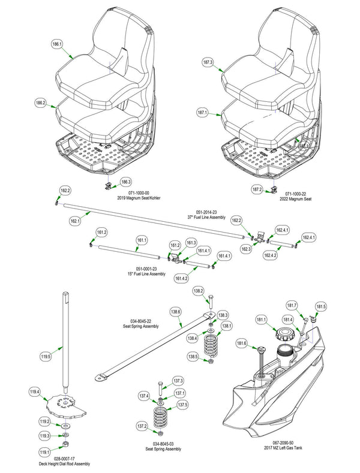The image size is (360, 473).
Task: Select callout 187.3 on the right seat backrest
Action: [208, 62]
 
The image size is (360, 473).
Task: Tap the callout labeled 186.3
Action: [125, 181]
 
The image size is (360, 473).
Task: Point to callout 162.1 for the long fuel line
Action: [75, 221]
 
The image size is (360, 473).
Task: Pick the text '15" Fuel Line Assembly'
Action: [146, 274]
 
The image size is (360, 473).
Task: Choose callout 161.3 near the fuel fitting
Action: [191, 242]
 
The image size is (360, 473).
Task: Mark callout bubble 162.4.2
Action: [270, 256]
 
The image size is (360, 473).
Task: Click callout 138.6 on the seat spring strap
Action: [176, 312]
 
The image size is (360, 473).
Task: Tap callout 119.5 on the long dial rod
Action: [62, 357]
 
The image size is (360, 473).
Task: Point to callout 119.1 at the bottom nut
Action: [44, 451]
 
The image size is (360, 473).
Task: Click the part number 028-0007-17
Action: [64, 458]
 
